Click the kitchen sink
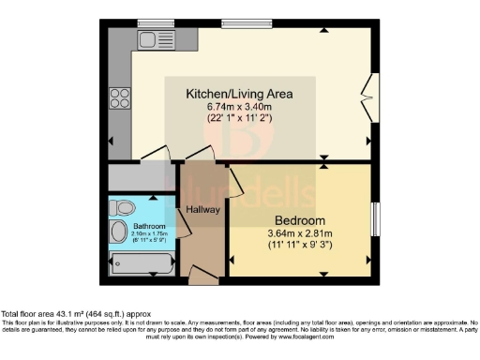(149, 39)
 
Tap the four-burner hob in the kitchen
(120, 97)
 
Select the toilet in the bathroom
(122, 207)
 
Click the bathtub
(142, 263)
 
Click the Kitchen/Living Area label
(239, 94)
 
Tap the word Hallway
(202, 209)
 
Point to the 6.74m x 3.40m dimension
(239, 107)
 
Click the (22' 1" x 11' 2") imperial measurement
(239, 119)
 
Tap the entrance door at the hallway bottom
(202, 274)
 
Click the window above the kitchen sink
(149, 22)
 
